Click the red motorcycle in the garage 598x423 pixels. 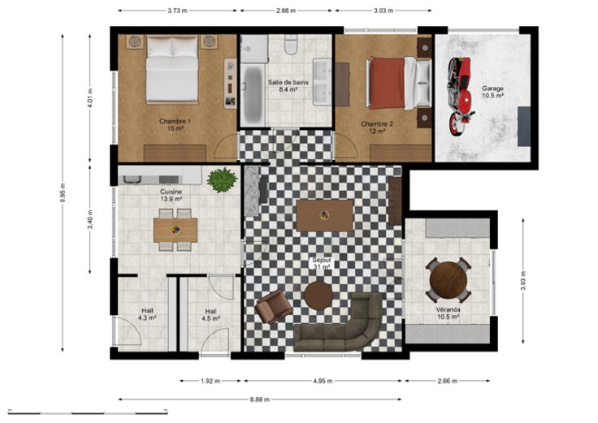(461, 96)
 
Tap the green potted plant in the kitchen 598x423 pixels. (222, 179)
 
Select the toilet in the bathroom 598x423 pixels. (291, 44)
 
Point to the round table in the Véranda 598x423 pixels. (448, 280)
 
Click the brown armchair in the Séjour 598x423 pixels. (274, 306)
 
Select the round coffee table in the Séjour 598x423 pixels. (318, 295)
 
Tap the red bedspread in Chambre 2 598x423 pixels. (386, 83)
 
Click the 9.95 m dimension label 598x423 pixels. (63, 193)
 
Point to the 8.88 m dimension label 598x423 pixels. (260, 399)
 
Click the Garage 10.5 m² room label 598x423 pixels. (492, 92)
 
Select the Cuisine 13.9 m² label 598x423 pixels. (171, 195)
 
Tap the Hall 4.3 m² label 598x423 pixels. (147, 314)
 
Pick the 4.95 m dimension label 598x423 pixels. (323, 381)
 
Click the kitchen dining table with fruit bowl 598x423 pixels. (175, 230)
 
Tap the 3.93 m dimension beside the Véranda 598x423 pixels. (523, 281)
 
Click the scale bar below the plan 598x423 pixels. (88, 412)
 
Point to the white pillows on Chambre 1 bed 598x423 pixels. (172, 47)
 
